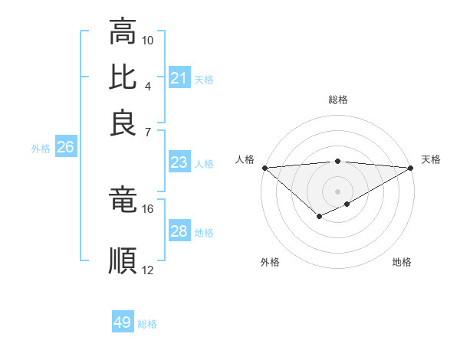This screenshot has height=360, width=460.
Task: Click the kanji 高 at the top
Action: tap(123, 32)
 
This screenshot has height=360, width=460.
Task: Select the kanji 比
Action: tap(123, 77)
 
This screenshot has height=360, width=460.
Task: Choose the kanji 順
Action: tap(123, 260)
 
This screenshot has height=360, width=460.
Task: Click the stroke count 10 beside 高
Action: tap(148, 40)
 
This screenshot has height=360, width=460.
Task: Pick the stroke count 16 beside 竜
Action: tap(148, 208)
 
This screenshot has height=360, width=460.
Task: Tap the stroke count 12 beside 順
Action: tap(148, 269)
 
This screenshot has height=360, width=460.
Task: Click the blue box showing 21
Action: tap(179, 78)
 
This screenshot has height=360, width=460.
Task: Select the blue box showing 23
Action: tap(179, 162)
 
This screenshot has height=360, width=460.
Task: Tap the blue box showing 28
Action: tap(179, 231)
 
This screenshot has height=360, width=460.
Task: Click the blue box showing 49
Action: tap(123, 323)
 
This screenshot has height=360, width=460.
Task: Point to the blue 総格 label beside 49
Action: tap(147, 324)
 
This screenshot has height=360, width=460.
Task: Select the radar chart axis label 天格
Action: tap(431, 159)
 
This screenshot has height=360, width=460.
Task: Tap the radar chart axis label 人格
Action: tap(245, 159)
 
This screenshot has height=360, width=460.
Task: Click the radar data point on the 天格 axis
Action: tap(412, 168)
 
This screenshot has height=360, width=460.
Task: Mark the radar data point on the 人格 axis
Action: tap(264, 168)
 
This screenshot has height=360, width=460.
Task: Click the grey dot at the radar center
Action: tap(337, 190)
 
